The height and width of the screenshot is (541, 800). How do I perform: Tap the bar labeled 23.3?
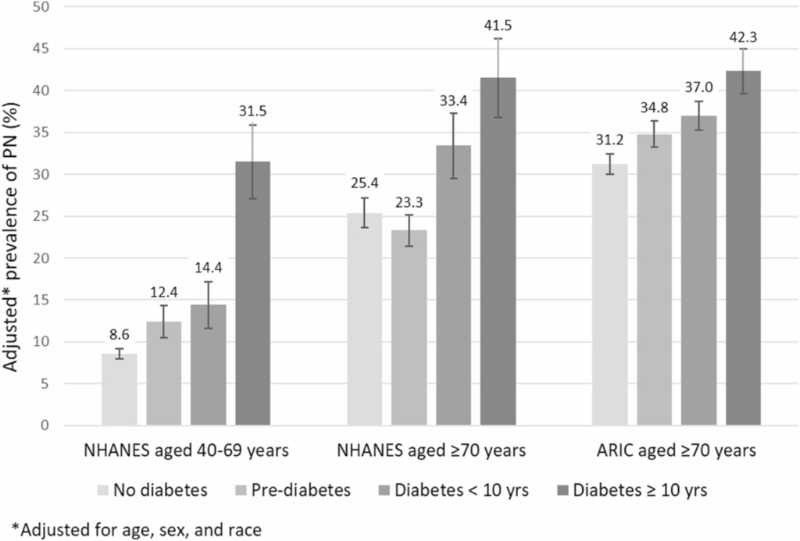click(x=409, y=328)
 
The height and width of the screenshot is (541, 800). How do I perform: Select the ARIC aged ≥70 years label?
click(x=676, y=452)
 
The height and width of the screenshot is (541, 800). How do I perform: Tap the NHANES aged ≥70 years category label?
click(x=430, y=452)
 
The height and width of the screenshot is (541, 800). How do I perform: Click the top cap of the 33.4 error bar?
click(x=453, y=113)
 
